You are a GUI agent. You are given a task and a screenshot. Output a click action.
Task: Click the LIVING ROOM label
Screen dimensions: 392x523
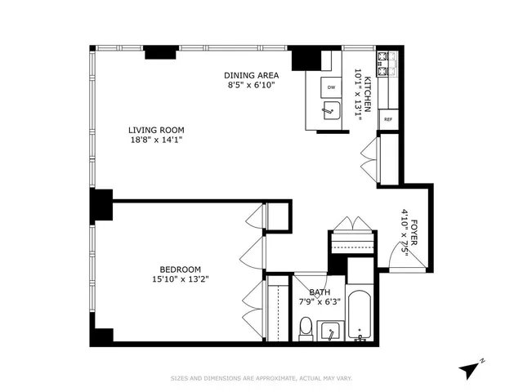point(155,130)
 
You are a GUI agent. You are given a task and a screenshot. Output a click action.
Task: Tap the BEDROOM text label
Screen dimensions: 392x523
point(180,269)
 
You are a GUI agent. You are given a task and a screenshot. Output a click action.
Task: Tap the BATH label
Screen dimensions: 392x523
point(319,292)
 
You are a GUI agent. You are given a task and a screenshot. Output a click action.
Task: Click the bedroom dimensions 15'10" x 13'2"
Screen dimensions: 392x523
point(180,281)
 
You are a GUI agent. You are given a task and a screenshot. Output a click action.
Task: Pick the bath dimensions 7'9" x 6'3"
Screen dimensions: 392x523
point(319,303)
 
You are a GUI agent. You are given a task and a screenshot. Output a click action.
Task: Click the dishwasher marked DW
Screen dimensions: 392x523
point(331,87)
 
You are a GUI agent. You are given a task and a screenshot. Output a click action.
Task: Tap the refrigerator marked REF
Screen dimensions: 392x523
point(387,119)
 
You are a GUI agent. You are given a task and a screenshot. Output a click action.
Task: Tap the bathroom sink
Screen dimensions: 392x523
point(329,332)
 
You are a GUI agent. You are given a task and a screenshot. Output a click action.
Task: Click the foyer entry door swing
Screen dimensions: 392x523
point(403,261)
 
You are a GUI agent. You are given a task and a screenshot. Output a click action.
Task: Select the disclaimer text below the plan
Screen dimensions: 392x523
point(261,378)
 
